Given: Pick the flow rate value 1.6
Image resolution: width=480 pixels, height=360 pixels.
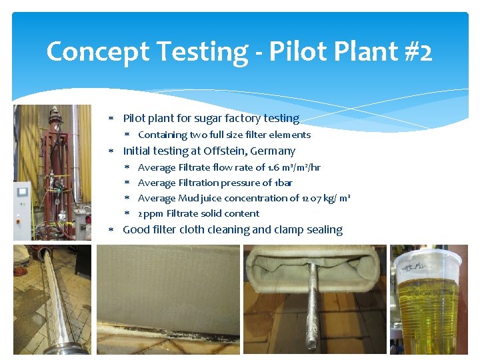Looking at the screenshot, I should coord(274,167).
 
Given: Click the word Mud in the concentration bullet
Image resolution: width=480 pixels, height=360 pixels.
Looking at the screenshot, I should coord(187,198).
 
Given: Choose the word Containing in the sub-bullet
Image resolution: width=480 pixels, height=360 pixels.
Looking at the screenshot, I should coord(160,135).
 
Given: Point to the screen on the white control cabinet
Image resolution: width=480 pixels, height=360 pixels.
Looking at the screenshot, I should coord(23,192).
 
